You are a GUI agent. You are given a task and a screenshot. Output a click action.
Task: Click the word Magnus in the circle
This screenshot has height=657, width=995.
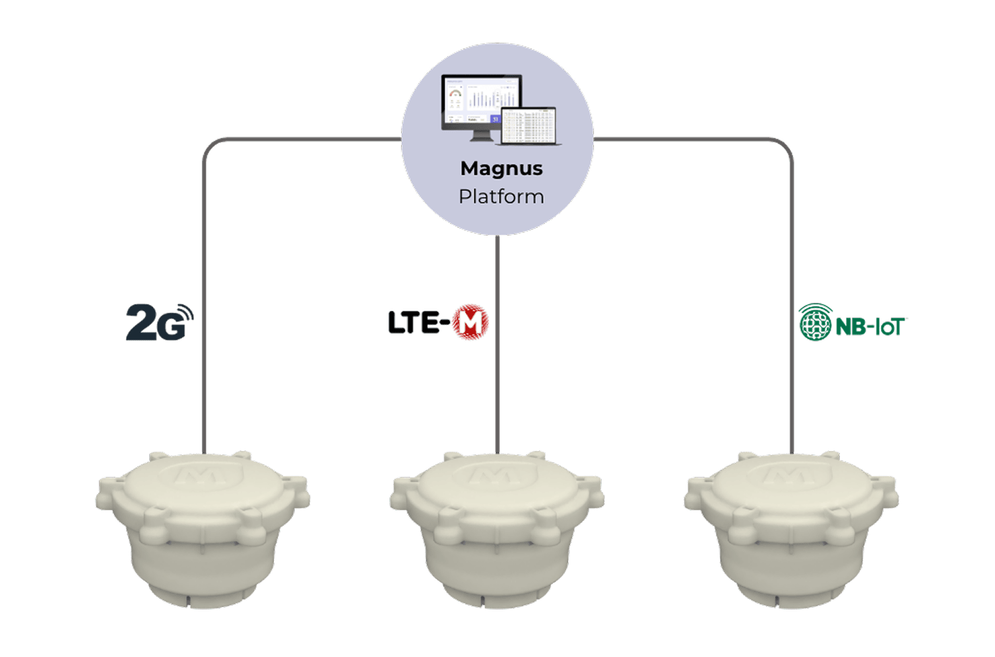point(501,169)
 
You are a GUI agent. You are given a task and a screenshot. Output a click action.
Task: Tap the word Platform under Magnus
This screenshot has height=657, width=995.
point(501,197)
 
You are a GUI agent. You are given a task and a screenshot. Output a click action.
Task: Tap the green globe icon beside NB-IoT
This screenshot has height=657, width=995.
point(815,323)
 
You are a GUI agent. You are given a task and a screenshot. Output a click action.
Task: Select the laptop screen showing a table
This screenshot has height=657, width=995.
point(529,125)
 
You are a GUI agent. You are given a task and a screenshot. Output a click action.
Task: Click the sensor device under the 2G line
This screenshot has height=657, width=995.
point(203,528)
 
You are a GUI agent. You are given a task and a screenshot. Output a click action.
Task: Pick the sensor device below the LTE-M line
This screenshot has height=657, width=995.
point(497,528)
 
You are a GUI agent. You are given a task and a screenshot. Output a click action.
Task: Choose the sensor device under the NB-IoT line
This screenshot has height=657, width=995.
point(790,528)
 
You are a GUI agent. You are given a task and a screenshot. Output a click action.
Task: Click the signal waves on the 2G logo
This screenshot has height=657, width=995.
point(185,315)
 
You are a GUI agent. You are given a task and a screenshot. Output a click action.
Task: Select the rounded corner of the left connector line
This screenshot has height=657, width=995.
point(210,144)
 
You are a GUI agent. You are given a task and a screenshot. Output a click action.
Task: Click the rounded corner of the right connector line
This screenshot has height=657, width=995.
point(786,144)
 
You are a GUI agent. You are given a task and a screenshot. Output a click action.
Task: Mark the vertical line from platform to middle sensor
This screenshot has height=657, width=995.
point(497,343)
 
